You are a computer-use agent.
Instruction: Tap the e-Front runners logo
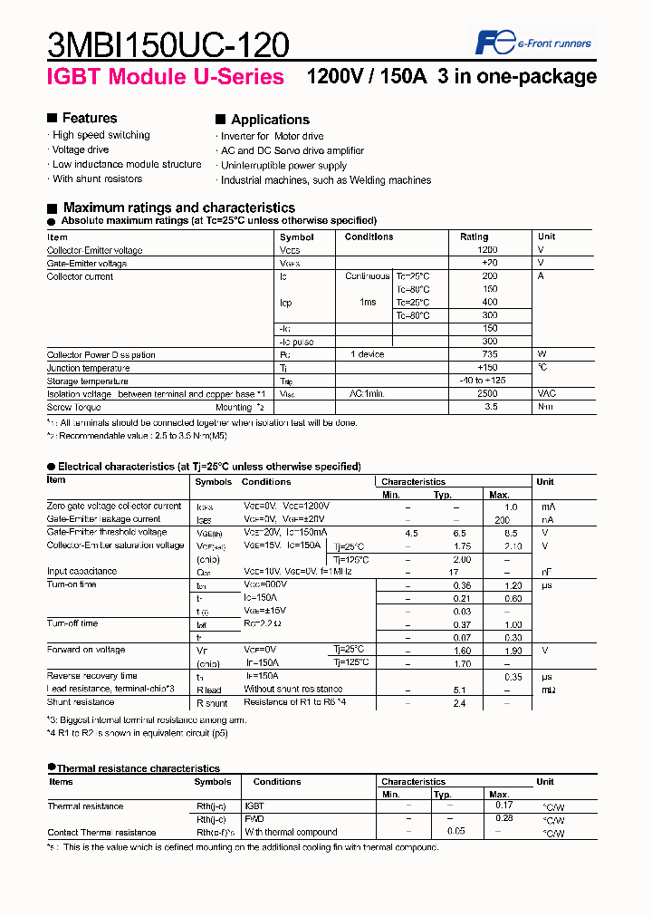click(533, 42)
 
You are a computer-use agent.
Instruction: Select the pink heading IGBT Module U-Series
click(165, 77)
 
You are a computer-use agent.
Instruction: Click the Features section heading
click(89, 119)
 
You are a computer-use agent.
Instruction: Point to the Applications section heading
click(269, 120)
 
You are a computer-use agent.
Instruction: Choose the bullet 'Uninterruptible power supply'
click(283, 166)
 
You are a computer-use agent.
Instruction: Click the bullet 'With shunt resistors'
click(97, 179)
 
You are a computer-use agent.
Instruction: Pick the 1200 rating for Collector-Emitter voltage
click(487, 250)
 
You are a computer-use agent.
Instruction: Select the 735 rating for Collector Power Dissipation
click(489, 355)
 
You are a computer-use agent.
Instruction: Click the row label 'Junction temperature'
click(88, 369)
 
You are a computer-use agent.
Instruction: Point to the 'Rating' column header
click(474, 236)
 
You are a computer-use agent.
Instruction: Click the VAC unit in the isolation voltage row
click(547, 394)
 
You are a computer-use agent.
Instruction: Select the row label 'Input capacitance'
click(81, 572)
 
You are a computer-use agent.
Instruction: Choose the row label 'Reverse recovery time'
click(92, 676)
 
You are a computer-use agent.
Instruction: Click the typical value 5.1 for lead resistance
click(459, 690)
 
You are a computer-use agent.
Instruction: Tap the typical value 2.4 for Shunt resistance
click(459, 702)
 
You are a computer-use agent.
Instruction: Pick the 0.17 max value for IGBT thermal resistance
click(504, 805)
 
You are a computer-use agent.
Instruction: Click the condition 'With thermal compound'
click(291, 832)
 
